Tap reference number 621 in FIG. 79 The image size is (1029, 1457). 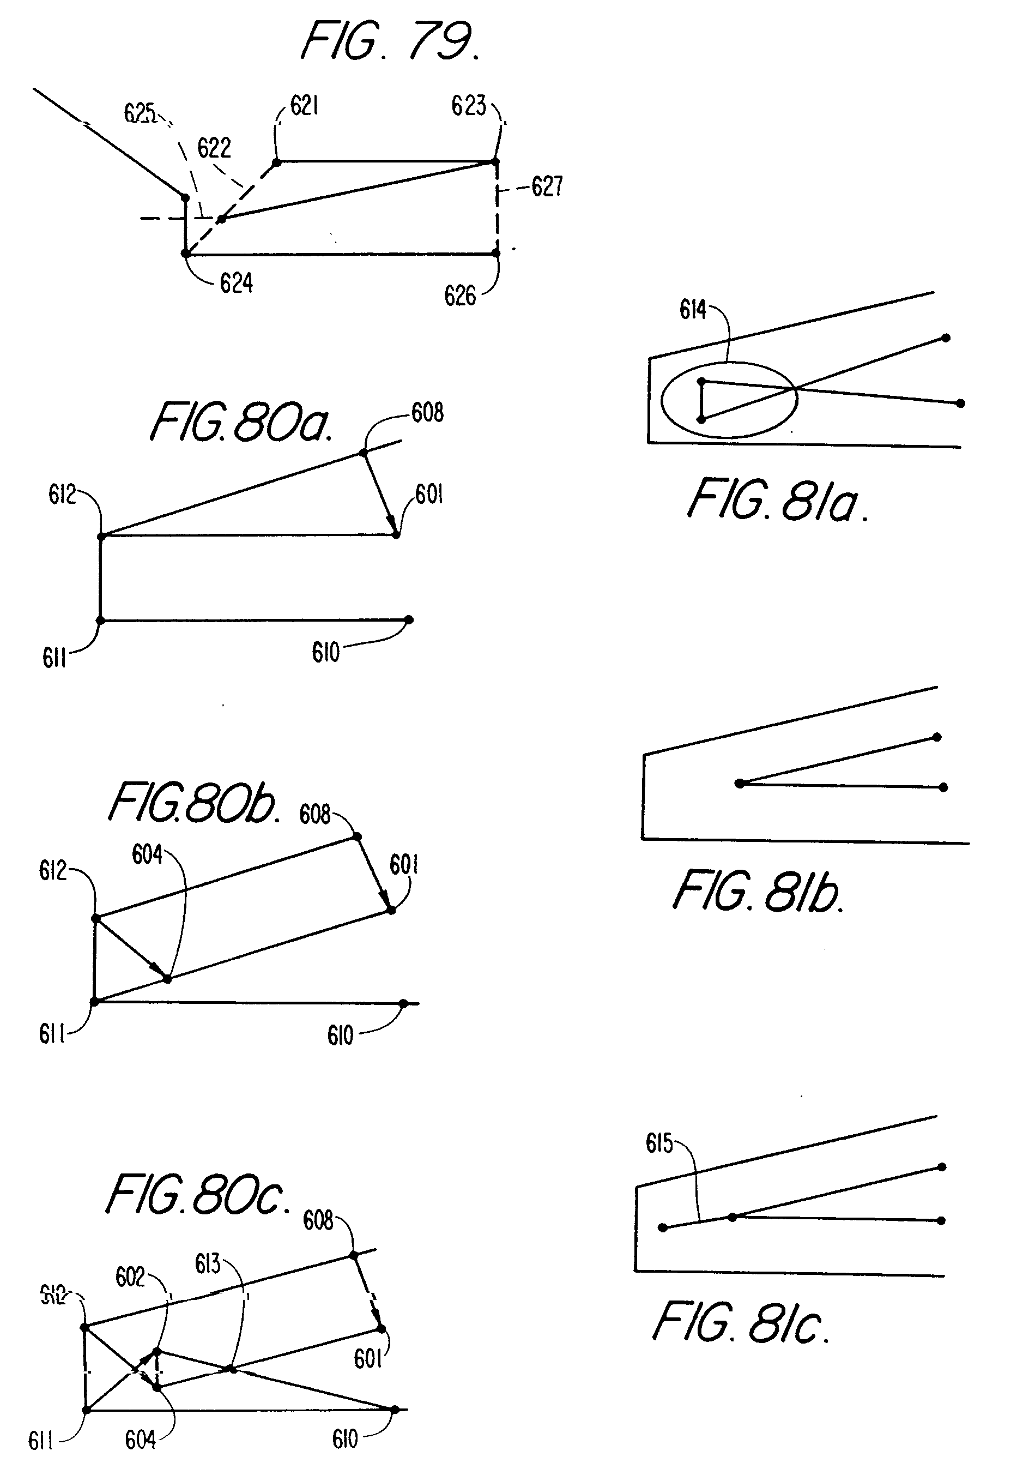[304, 106]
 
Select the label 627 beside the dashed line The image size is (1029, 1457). [547, 186]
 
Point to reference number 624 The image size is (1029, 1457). [236, 283]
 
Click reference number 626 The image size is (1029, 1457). [459, 296]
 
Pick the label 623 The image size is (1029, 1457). [468, 106]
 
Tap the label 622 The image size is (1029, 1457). [214, 148]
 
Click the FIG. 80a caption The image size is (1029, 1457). [240, 423]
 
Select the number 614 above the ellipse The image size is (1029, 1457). [692, 310]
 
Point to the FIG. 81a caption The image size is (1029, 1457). [778, 501]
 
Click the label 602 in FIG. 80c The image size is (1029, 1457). [130, 1277]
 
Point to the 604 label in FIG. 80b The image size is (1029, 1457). [147, 855]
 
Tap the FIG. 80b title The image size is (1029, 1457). [193, 803]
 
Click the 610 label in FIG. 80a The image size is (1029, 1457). [325, 652]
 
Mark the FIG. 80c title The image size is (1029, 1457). [197, 1195]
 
